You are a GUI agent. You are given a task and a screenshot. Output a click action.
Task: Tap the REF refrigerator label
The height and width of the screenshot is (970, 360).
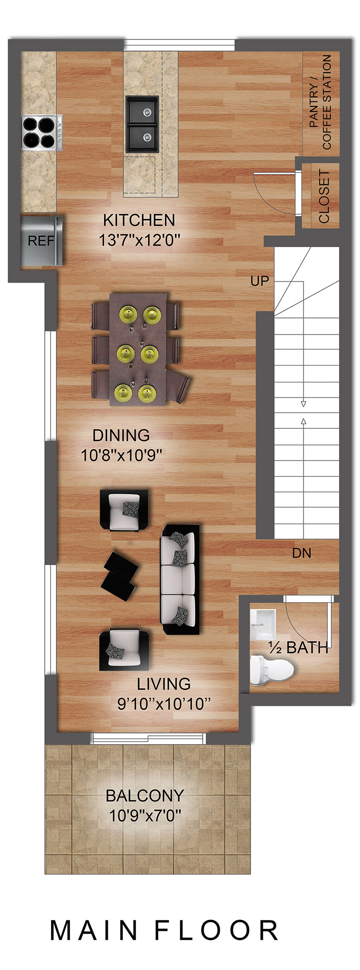pos(40,241)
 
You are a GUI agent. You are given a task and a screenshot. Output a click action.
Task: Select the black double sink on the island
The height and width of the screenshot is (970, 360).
pos(142,124)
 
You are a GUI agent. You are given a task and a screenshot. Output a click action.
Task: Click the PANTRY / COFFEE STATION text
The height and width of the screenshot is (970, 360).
pos(321,102)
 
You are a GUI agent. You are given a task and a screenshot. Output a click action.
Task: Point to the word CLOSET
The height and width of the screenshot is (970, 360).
pos(324,196)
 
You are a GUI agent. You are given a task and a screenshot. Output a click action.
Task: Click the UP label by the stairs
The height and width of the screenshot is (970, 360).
pos(259,281)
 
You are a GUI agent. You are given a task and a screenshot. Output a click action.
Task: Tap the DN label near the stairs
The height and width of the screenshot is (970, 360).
pos(302,553)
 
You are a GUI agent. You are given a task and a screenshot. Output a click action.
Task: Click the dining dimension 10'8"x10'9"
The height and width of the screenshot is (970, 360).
pos(121,456)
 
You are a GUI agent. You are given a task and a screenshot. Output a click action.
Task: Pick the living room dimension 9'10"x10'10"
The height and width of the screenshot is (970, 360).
pos(164,704)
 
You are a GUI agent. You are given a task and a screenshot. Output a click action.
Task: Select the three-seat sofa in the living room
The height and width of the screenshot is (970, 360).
pos(180,579)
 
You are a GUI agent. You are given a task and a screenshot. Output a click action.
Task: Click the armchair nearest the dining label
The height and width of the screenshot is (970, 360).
pos(124,510)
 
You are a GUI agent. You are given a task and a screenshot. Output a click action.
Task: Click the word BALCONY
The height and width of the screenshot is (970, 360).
pos(145,795)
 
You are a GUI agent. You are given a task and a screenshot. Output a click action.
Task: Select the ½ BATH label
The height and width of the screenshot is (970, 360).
pos(299,648)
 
